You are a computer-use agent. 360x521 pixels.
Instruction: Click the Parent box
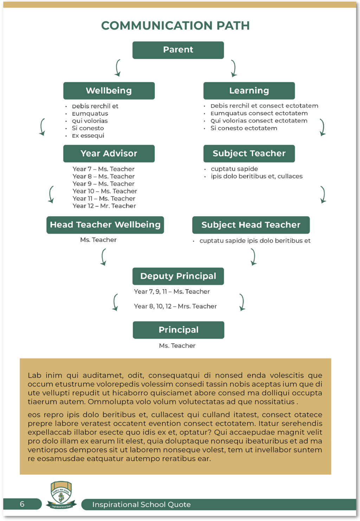(x=178, y=50)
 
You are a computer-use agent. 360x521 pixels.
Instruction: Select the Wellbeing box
(x=109, y=91)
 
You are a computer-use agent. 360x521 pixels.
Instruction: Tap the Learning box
(x=249, y=91)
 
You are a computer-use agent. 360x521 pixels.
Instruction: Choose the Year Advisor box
(x=109, y=154)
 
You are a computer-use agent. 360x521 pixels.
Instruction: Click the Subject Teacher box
(x=249, y=154)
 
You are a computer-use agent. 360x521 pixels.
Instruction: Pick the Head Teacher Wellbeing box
(x=105, y=225)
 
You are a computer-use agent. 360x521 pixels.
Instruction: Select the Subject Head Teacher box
(x=251, y=225)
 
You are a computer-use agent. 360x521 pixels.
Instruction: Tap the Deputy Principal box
(x=178, y=276)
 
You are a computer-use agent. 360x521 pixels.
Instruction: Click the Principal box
(x=178, y=330)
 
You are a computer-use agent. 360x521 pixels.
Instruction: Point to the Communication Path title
(x=175, y=26)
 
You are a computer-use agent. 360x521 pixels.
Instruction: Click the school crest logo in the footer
(x=62, y=495)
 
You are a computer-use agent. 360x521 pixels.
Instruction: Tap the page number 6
(x=22, y=504)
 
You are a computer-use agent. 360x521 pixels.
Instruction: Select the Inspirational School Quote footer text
(x=141, y=504)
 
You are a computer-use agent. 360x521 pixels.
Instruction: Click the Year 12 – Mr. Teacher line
(x=104, y=206)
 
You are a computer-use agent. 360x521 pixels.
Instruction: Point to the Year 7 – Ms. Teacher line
(x=103, y=169)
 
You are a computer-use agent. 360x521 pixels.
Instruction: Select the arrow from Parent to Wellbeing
(x=118, y=68)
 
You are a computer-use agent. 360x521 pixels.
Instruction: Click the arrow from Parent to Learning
(x=233, y=68)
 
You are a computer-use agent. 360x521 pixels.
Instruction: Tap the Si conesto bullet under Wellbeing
(x=88, y=128)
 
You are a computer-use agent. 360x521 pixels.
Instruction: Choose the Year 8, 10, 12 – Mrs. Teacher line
(x=175, y=306)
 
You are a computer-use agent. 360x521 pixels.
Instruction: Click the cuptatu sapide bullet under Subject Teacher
(x=234, y=169)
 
